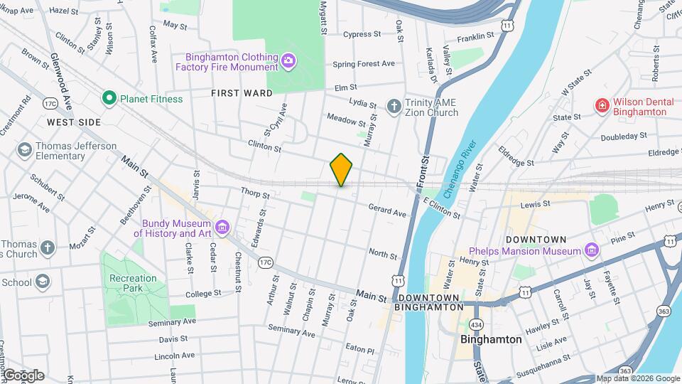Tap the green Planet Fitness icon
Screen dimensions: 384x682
109,99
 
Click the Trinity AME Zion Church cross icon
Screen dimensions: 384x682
394,107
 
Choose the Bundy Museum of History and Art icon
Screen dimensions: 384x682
223,228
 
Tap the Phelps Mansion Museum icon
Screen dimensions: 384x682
590,250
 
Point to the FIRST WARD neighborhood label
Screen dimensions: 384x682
242,93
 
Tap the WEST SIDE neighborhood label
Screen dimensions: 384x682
74,122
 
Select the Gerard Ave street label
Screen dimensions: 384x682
387,210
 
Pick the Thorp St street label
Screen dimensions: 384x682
255,193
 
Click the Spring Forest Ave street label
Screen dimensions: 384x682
363,64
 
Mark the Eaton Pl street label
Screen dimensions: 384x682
359,350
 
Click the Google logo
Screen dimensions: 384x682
23,375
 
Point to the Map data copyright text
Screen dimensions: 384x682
637,378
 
